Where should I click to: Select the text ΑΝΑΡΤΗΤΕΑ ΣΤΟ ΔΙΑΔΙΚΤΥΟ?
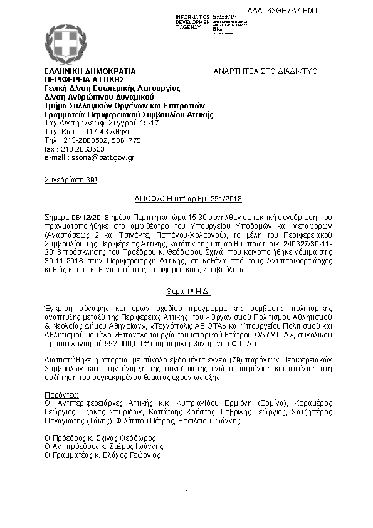(266, 71)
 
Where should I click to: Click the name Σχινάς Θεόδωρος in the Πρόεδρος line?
(125, 438)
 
